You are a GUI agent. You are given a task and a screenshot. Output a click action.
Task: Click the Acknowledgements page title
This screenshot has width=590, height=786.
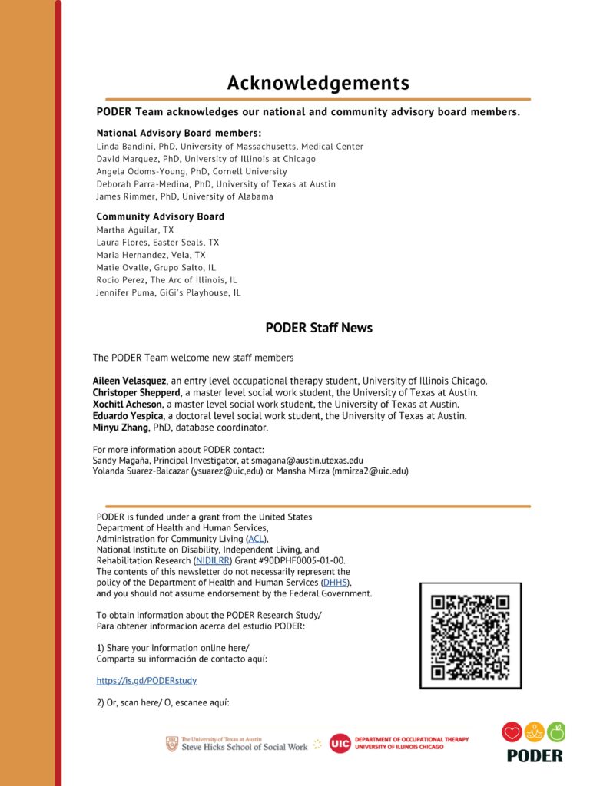pyautogui.click(x=318, y=83)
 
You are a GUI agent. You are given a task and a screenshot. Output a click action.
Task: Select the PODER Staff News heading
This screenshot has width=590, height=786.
pyautogui.click(x=319, y=328)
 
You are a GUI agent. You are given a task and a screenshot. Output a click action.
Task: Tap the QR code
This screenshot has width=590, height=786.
pyautogui.click(x=470, y=636)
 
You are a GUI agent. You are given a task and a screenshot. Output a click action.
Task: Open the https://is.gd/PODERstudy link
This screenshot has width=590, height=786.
pyautogui.click(x=147, y=680)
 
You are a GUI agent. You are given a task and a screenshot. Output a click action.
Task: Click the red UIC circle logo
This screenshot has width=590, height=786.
pyautogui.click(x=340, y=743)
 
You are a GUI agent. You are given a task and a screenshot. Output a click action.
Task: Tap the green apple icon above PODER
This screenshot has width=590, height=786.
pyautogui.click(x=556, y=732)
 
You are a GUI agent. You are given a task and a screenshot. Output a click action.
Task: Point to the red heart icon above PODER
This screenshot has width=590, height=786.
pyautogui.click(x=512, y=732)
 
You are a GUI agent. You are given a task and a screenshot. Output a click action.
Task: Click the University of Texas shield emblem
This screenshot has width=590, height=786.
pyautogui.click(x=172, y=743)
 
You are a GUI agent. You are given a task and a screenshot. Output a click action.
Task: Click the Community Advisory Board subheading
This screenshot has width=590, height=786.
pyautogui.click(x=160, y=216)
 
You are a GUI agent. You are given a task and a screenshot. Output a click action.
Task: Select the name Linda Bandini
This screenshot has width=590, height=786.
pyautogui.click(x=123, y=146)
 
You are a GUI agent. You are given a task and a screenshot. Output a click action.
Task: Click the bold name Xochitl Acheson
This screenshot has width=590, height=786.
pyautogui.click(x=127, y=404)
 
